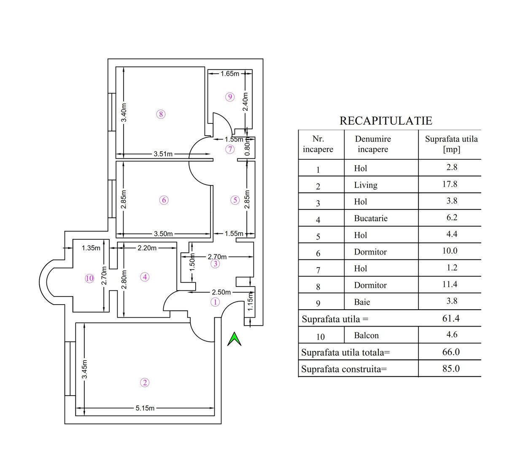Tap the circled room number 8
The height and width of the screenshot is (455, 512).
160,114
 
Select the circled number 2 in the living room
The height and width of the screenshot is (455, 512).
145,383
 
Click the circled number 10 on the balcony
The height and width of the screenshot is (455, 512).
89,278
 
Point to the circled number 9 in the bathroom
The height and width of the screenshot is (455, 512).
230,97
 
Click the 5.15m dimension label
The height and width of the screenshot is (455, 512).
145,408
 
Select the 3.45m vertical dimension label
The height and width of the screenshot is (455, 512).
85,369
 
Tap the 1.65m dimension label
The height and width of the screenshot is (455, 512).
230,74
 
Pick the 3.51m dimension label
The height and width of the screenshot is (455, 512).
163,154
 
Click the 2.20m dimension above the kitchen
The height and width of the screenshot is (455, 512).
147,248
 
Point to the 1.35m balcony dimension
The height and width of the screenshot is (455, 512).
91,248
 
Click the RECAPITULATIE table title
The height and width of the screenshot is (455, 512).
386,121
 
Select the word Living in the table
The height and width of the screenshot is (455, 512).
366,185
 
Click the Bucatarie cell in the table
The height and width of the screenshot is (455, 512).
371,218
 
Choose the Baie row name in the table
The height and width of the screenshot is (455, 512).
362,302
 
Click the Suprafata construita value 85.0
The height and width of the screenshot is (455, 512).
451,369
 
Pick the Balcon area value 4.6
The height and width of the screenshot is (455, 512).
452,335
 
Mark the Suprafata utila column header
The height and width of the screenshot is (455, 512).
451,144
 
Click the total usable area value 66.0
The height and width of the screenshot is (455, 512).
451,352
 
